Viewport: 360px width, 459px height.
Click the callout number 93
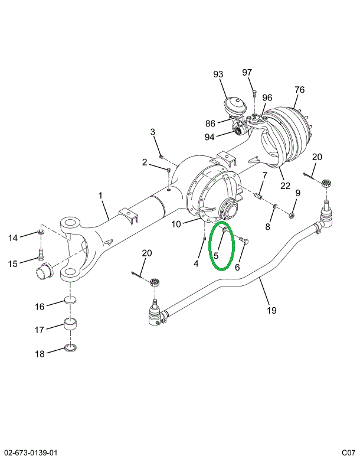coord(218,74)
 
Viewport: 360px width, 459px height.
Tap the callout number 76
coord(299,90)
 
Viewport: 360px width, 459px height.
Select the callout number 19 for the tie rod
coord(271,310)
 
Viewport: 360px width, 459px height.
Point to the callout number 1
coord(100,196)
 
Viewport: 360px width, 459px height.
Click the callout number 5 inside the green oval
coord(216,256)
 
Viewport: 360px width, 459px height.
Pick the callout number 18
coord(40,354)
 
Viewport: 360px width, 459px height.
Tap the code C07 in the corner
coord(348,453)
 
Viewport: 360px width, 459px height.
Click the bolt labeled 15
coord(40,256)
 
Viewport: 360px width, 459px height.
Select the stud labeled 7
coord(259,196)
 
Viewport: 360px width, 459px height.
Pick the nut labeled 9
coord(292,215)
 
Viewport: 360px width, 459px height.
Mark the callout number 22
coord(286,185)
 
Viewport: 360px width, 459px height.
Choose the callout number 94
coord(210,137)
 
